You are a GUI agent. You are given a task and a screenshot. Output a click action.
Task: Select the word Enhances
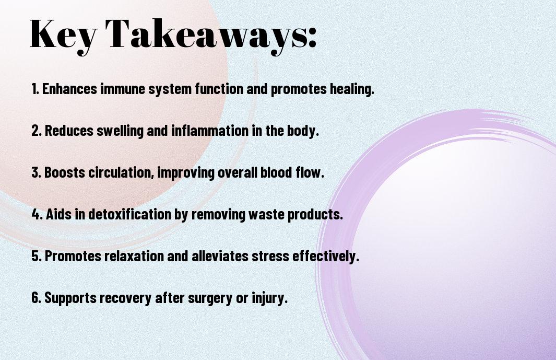click(69, 89)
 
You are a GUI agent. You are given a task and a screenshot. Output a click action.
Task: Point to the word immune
click(123, 89)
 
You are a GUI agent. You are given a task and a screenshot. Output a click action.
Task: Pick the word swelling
click(120, 131)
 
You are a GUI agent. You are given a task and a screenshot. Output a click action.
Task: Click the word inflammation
click(210, 131)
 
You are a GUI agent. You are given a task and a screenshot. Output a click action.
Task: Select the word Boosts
click(65, 172)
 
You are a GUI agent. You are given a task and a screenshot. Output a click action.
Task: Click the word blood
click(277, 172)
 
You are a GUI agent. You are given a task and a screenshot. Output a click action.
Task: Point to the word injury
click(269, 298)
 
